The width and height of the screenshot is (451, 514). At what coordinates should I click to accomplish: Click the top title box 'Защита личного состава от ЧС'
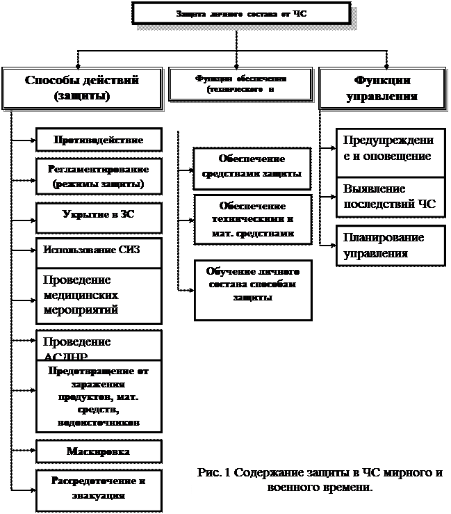240,13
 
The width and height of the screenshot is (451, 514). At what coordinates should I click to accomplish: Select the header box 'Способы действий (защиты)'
81,88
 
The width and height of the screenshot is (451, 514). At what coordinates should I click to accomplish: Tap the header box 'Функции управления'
382,88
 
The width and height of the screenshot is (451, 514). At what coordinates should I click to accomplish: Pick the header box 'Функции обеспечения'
240,85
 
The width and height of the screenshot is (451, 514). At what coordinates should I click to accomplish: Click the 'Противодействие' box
99,140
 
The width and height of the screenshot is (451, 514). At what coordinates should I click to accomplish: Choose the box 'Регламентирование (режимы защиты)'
99,177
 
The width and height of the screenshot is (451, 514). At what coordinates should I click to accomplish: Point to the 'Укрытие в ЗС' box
99,215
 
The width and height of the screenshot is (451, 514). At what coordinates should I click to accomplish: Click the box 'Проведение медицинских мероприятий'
99,295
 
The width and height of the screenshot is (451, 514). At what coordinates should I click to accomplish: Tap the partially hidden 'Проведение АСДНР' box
99,345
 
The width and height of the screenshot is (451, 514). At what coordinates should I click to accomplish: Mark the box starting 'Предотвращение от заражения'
99,396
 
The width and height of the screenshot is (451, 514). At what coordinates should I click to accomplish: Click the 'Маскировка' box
99,451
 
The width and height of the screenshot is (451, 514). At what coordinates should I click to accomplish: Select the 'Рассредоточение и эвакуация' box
99,488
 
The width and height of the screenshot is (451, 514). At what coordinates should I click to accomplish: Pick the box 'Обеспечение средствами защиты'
252,166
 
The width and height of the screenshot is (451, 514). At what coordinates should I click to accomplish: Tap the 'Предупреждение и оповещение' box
390,147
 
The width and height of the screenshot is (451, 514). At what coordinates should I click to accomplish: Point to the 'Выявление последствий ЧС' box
390,197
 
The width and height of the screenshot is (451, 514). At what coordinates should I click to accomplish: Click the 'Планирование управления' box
390,246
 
